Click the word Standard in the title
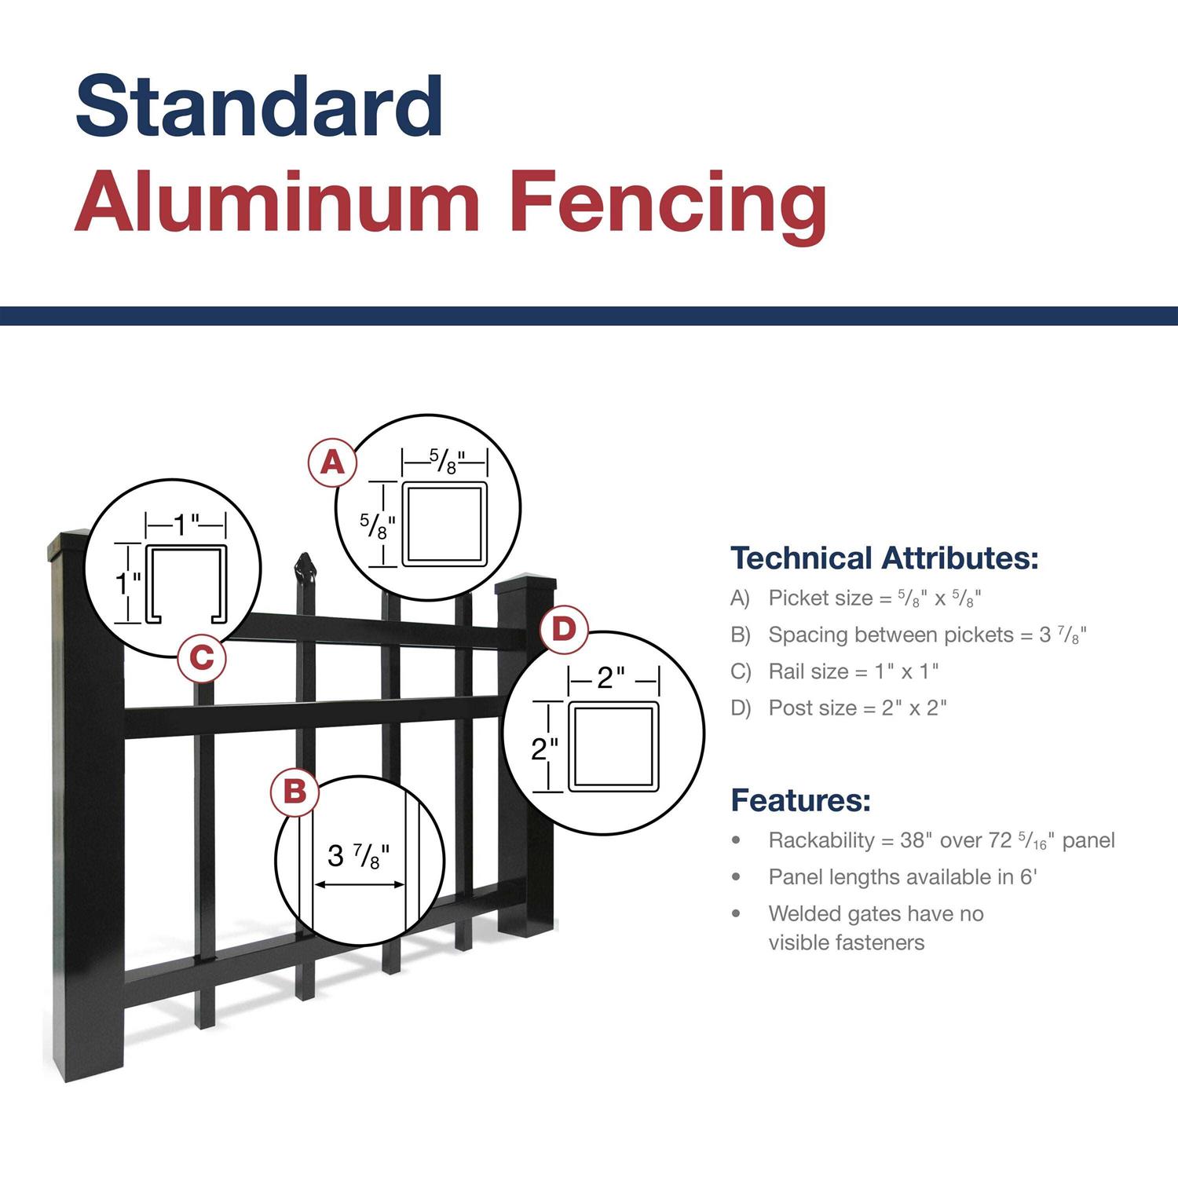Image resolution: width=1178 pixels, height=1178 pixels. pos(259,106)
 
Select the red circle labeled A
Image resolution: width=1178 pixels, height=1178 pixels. pos(332,463)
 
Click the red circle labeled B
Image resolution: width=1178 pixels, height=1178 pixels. pos(294,791)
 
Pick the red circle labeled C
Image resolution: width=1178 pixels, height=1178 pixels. pos(202,657)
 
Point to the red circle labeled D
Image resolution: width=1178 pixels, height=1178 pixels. pos(564,629)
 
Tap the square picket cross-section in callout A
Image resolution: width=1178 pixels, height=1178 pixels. pos(444,524)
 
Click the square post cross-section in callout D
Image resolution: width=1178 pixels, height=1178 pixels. pos(613,747)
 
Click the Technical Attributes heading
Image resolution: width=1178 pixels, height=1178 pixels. pos(884,558)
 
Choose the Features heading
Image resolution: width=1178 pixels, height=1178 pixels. pos(800,800)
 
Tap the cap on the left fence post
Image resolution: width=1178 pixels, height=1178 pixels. pos(69,547)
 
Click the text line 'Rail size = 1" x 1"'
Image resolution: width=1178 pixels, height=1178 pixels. pos(853,671)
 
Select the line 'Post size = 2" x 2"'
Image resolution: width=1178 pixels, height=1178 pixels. pos(857,708)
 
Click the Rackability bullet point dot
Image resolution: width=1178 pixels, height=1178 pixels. pos(736,840)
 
